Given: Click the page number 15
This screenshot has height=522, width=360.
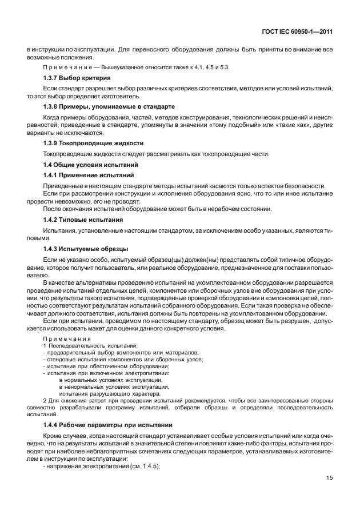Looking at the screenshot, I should [329, 493].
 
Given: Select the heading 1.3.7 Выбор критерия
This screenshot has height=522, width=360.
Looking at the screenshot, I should [77, 77].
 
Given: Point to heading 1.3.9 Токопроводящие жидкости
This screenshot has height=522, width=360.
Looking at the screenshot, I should [93, 143].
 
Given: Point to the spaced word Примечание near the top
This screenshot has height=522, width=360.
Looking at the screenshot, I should [62, 67].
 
